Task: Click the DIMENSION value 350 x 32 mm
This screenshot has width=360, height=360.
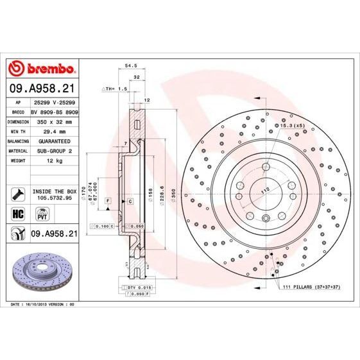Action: pos(53,121)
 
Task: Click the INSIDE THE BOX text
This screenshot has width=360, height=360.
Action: pos(55,191)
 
